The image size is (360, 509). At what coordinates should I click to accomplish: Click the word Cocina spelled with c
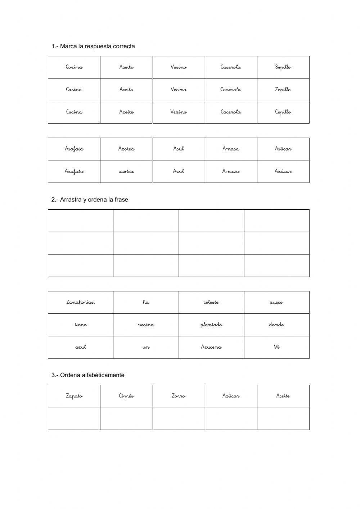74,112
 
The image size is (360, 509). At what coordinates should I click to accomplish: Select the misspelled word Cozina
74,67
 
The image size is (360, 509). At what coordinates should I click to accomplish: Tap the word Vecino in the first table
179,90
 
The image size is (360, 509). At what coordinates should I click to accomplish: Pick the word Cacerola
231,112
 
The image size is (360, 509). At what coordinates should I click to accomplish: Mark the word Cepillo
283,112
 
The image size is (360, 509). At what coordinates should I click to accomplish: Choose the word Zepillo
283,90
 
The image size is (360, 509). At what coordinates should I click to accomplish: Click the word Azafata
74,171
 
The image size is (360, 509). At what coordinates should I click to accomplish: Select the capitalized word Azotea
126,149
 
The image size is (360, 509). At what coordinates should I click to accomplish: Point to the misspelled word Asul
179,149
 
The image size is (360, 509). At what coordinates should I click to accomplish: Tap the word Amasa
231,149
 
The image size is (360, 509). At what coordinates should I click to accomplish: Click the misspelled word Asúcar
283,149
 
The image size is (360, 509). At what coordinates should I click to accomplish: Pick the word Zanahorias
81,302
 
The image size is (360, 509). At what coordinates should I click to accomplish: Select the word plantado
211,325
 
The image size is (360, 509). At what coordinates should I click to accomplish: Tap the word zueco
276,302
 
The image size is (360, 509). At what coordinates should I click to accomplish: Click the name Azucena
211,347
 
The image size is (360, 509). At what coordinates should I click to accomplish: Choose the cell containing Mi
276,347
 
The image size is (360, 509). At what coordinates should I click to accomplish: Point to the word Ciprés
126,396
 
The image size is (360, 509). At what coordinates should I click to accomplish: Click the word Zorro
179,396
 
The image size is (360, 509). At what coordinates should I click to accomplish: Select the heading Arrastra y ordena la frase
94,200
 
